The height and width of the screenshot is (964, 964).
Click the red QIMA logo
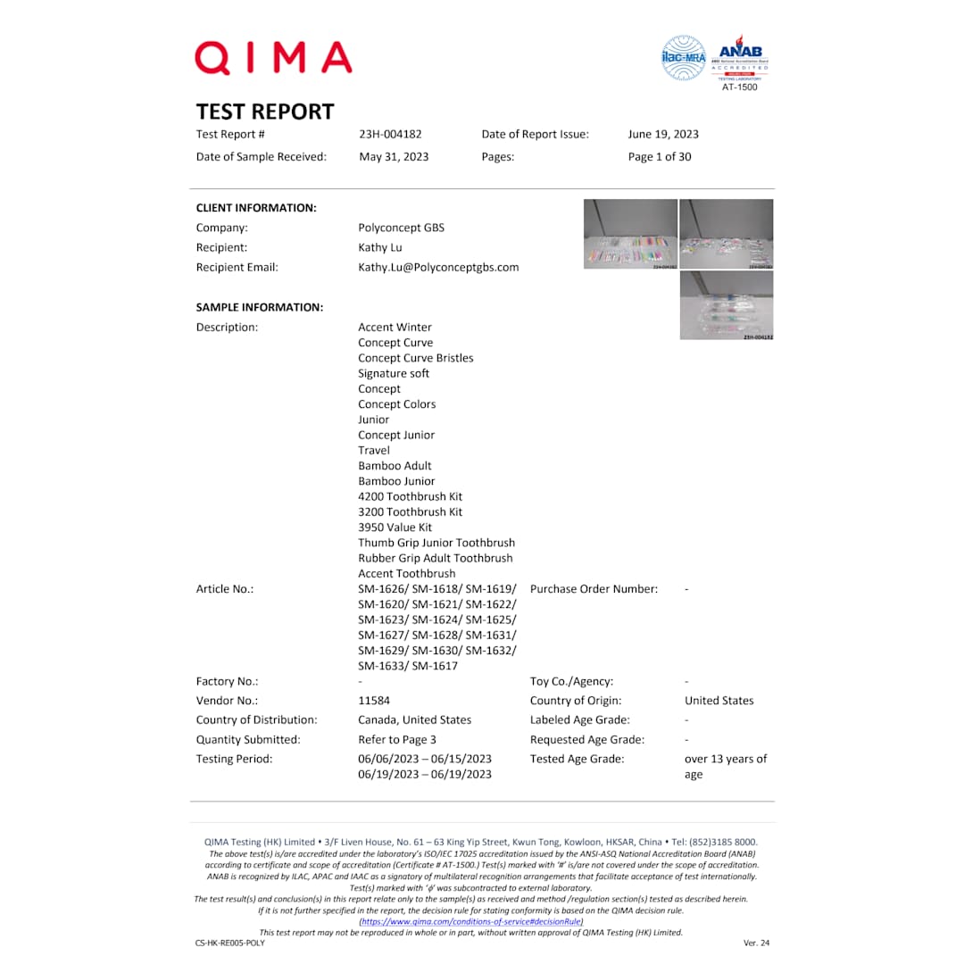pos(273,58)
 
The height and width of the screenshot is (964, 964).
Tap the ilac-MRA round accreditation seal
pos(683,58)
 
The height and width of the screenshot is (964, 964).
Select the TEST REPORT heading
pos(265,112)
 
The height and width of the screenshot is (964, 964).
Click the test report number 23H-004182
pos(390,135)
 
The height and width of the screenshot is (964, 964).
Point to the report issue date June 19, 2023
pos(663,135)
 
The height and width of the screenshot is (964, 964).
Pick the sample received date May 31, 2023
pos(393,157)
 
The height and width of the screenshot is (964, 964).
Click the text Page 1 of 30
pos(660,157)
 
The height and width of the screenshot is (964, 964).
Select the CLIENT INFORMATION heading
pos(256,208)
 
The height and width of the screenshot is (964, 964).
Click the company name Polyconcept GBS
pos(401,228)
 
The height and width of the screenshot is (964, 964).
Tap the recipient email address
pos(438,267)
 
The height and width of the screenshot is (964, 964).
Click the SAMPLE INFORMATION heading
pos(259,307)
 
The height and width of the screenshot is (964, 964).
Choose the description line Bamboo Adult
pos(395,466)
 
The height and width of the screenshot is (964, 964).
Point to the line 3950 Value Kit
pos(395,528)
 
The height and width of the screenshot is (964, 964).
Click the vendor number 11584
pos(374,701)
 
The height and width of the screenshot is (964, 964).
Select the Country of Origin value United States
pos(719,701)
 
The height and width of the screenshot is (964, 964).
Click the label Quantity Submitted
pos(248,740)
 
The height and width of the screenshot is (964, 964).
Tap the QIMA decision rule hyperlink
pos(470,921)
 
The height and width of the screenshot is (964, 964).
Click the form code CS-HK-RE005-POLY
pos(230,943)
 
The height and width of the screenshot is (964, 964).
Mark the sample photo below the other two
pos(727,305)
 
